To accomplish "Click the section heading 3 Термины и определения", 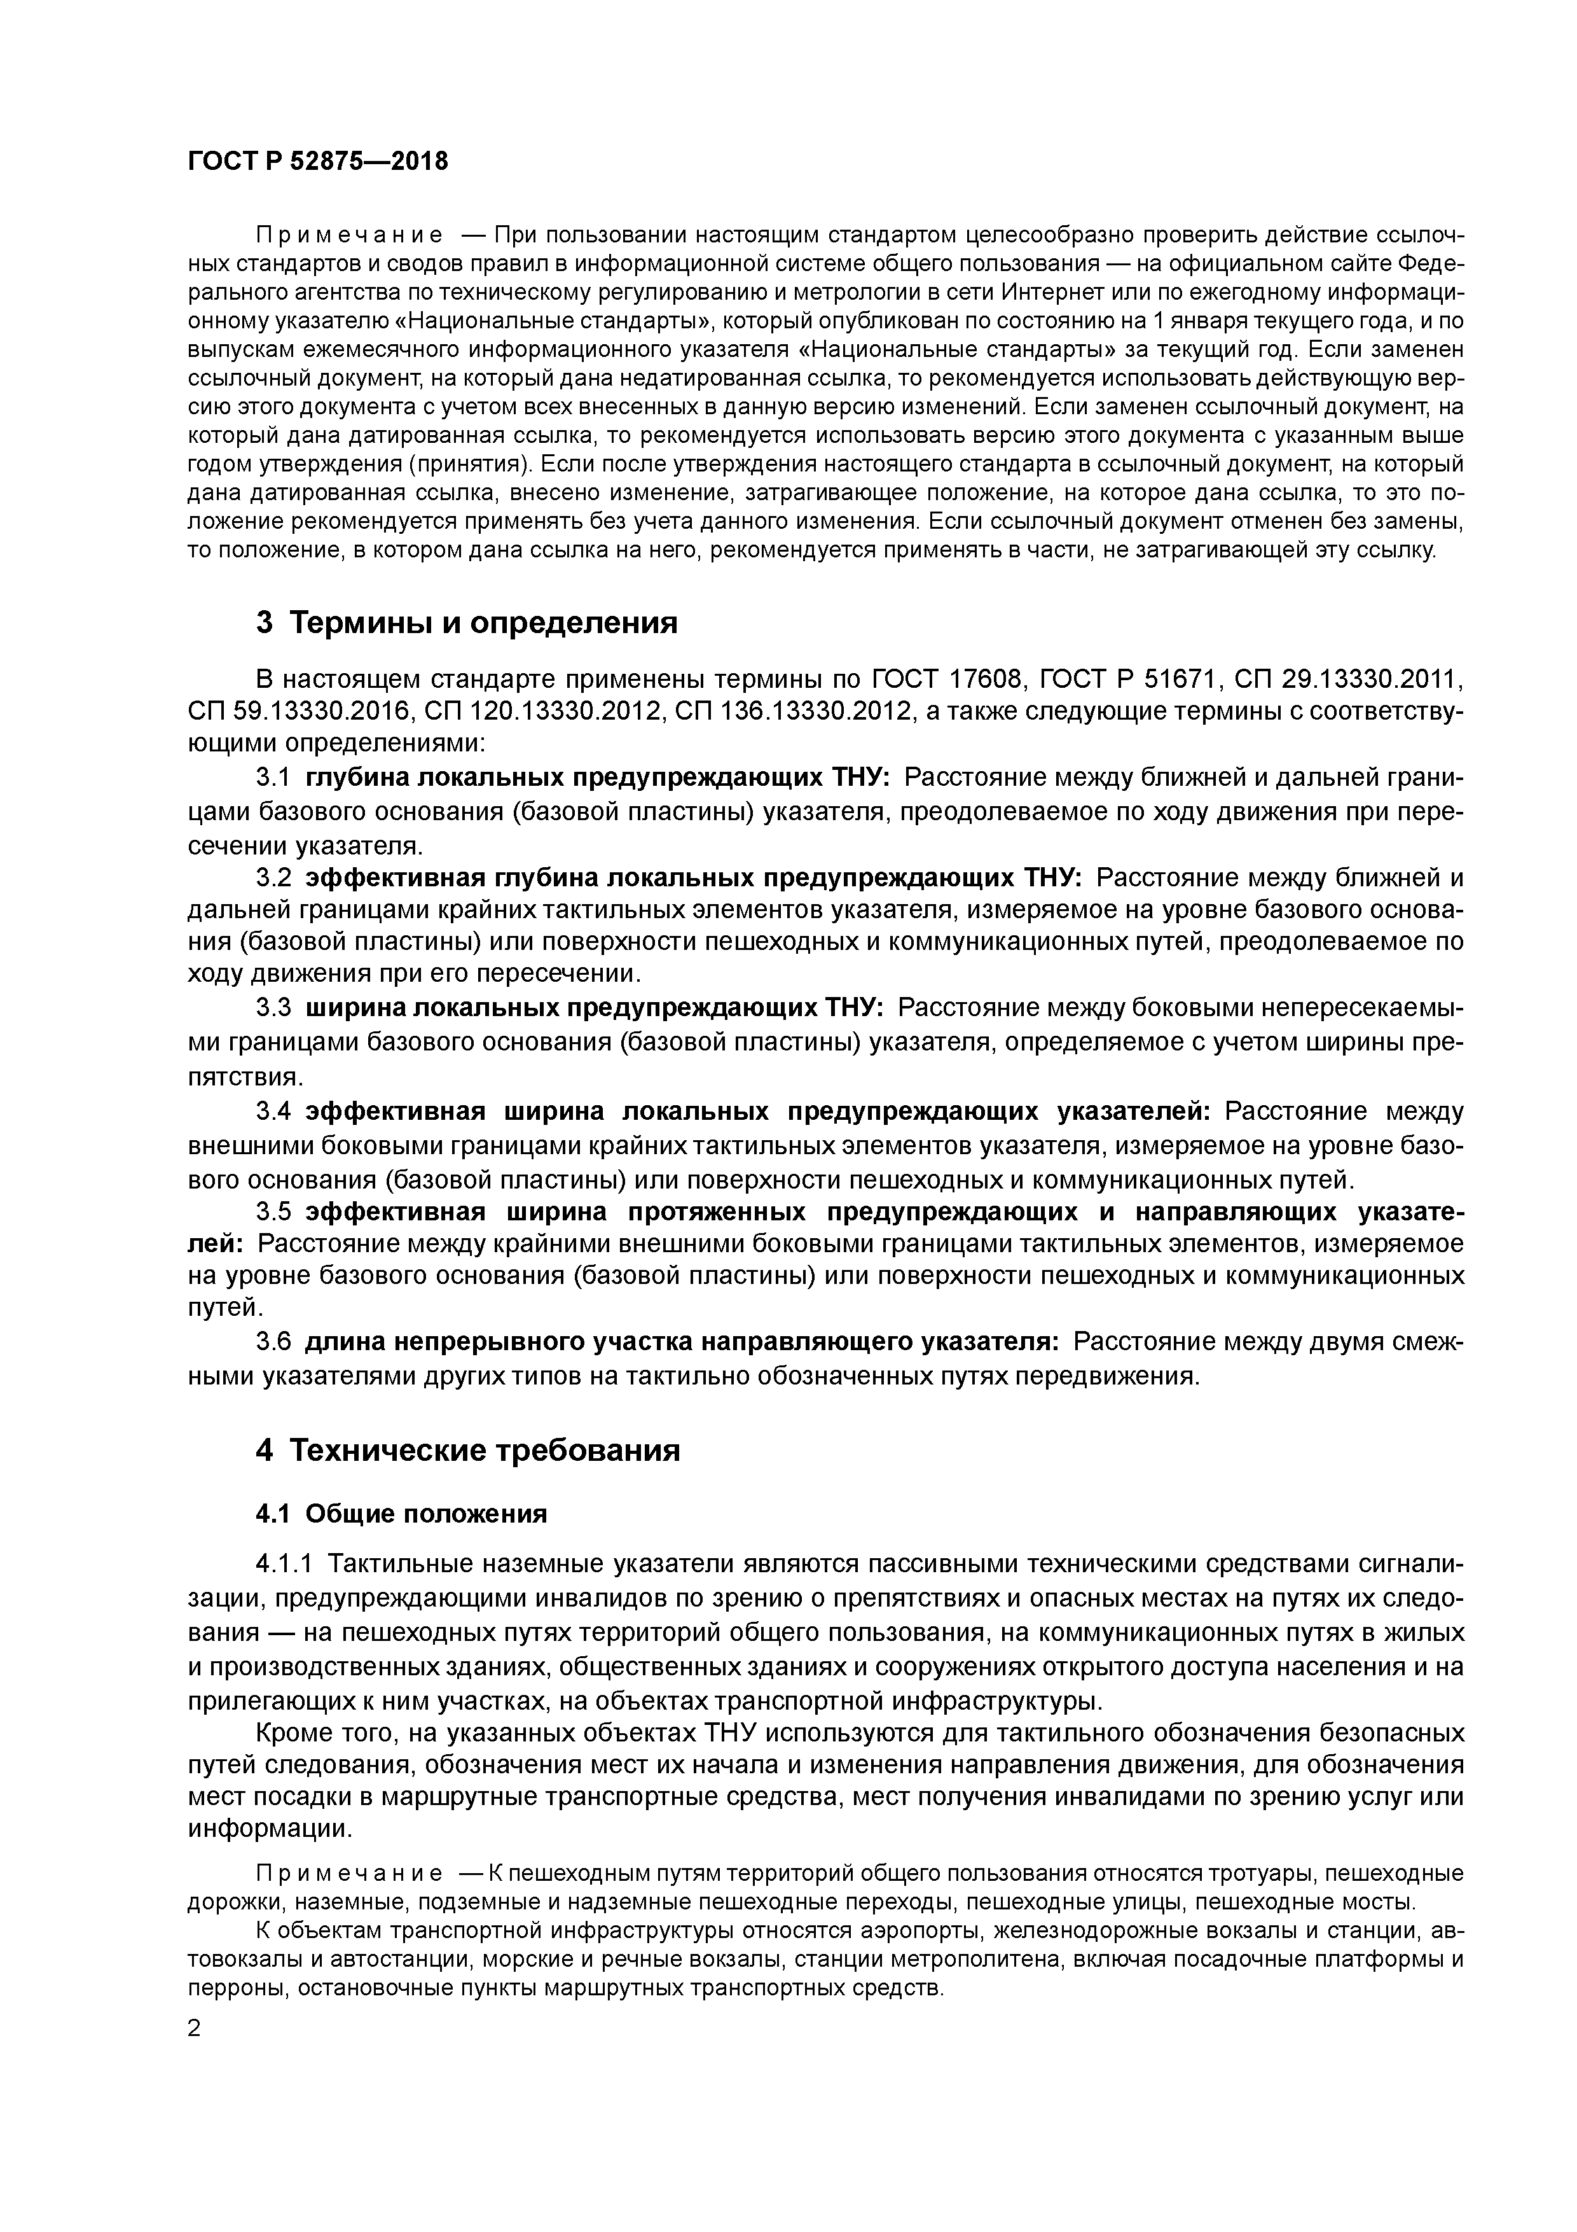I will (x=466, y=622).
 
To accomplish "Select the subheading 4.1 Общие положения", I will (x=401, y=1514).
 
